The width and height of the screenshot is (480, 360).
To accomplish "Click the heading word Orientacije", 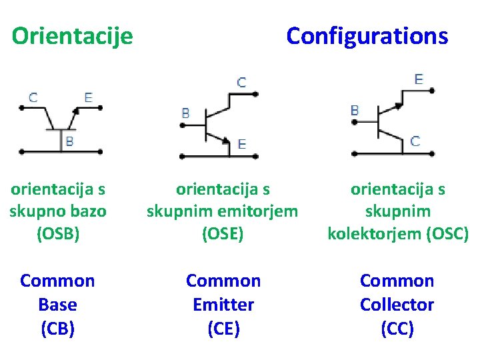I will pyautogui.click(x=72, y=36).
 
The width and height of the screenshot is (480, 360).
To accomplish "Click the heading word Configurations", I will pyautogui.click(x=367, y=36).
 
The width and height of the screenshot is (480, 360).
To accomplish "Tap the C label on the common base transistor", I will pyautogui.click(x=33, y=97).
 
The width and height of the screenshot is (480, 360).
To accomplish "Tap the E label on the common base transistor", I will pyautogui.click(x=88, y=97).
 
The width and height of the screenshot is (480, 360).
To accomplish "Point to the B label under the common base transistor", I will pyautogui.click(x=69, y=141).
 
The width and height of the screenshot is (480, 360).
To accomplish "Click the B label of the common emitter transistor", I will pyautogui.click(x=185, y=113).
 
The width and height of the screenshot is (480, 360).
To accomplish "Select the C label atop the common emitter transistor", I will pyautogui.click(x=241, y=83).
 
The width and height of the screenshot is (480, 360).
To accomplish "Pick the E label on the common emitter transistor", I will pyautogui.click(x=241, y=144).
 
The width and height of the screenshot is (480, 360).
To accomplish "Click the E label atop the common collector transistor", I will pyautogui.click(x=419, y=79).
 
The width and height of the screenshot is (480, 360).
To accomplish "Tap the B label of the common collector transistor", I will pyautogui.click(x=355, y=110).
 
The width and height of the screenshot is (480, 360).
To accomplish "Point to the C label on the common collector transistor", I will pyautogui.click(x=415, y=141).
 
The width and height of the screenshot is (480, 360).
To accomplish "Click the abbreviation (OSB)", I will pyautogui.click(x=58, y=234).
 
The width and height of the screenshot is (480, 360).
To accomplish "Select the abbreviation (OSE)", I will pyautogui.click(x=223, y=234).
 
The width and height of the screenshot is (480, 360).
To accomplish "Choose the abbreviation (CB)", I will pyautogui.click(x=57, y=329).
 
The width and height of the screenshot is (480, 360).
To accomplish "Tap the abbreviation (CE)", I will pyautogui.click(x=223, y=329).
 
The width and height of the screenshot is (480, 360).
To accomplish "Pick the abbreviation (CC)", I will pyautogui.click(x=397, y=329).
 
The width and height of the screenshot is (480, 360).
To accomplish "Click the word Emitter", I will pyautogui.click(x=223, y=305).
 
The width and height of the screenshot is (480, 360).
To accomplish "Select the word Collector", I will pyautogui.click(x=397, y=305).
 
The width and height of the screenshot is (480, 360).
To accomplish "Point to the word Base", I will pyautogui.click(x=57, y=305).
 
